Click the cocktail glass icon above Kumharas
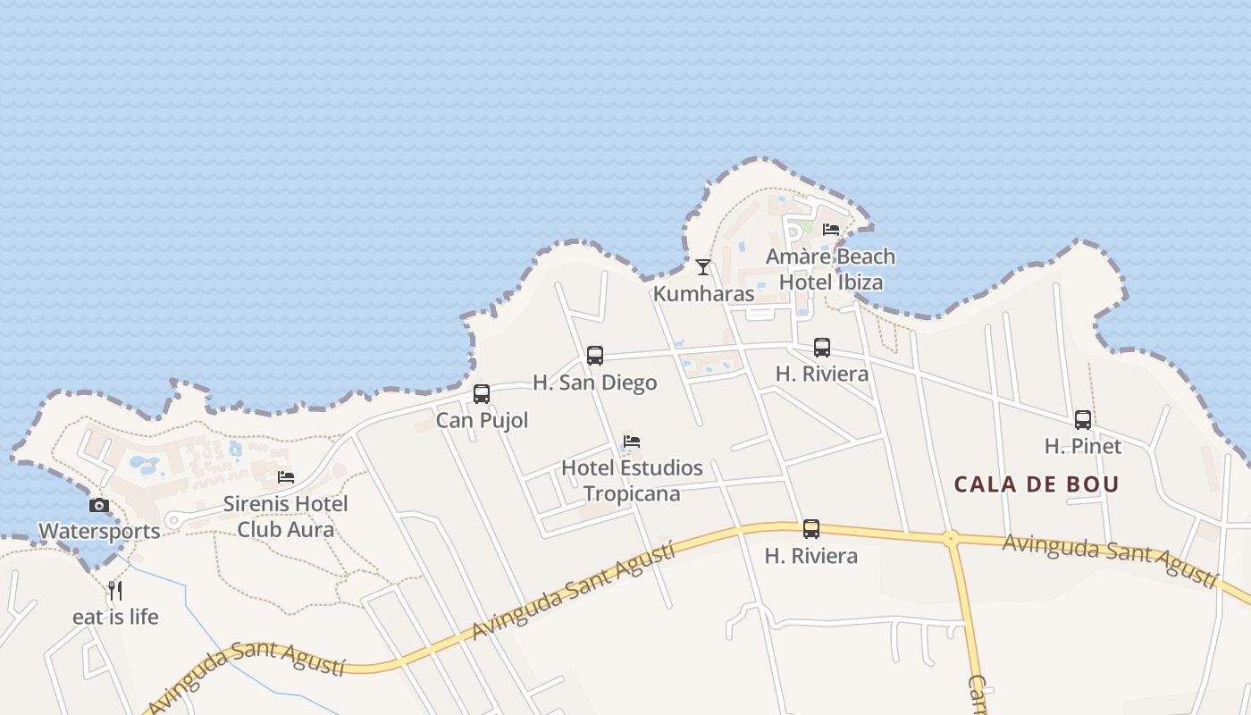703,266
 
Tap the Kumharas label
703,293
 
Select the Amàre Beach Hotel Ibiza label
831,269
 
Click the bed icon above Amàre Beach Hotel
831,230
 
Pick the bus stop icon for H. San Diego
595,356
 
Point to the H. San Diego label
595,383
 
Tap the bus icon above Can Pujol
482,394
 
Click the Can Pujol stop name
482,420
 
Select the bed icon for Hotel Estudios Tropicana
632,442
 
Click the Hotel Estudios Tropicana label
632,480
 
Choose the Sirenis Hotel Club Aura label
286,517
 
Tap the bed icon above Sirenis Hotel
286,477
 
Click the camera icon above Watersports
99,505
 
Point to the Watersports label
99,531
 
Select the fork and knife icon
115,590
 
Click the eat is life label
115,617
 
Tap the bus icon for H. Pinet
1083,420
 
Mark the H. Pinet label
1083,445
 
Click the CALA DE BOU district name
1037,484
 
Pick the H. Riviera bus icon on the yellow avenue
811,529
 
